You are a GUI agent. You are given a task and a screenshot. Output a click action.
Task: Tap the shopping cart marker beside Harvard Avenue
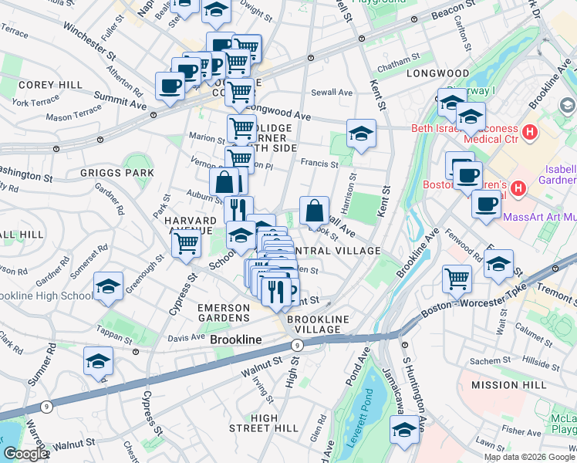(x=186, y=244)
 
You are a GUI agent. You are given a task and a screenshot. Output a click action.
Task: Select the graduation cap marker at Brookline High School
(x=109, y=287)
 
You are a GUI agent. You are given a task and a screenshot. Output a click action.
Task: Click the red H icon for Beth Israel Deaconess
(x=529, y=132)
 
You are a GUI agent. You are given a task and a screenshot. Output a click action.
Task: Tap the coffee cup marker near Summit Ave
(x=170, y=86)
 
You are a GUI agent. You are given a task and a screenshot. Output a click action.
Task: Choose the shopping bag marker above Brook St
(x=315, y=210)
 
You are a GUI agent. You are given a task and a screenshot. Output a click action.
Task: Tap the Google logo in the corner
(x=25, y=454)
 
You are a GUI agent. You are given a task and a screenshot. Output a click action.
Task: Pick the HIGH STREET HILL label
(x=264, y=423)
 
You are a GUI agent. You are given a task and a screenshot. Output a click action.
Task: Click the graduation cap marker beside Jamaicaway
(x=403, y=431)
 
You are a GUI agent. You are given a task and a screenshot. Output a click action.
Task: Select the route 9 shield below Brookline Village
(x=298, y=345)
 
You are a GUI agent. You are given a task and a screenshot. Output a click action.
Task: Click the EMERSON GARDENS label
(x=224, y=313)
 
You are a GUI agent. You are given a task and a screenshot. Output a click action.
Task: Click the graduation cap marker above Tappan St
(x=98, y=361)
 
